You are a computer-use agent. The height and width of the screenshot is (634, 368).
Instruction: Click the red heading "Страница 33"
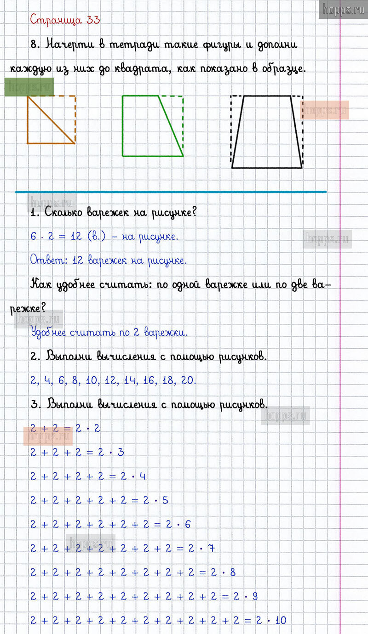click(65, 20)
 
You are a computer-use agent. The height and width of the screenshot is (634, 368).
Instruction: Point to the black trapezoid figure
click(267, 133)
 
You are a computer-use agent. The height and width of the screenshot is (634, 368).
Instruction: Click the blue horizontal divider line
click(171, 192)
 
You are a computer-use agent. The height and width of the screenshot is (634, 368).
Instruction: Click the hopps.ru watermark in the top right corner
click(343, 9)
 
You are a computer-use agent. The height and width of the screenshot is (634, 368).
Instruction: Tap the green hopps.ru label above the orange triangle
click(29, 87)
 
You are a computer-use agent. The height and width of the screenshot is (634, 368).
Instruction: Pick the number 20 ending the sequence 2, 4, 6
click(189, 380)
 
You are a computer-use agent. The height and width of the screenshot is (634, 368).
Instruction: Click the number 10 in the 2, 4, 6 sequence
click(92, 380)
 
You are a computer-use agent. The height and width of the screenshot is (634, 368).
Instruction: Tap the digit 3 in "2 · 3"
click(121, 452)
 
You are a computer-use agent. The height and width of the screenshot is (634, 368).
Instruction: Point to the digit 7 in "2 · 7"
click(211, 548)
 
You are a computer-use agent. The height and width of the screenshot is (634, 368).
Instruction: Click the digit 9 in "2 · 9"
click(255, 596)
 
